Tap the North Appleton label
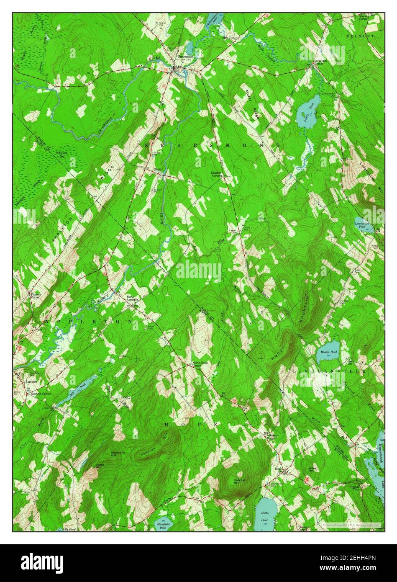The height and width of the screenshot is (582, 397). (133, 299)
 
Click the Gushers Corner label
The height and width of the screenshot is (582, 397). (41, 394)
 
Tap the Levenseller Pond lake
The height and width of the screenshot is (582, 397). (362, 225)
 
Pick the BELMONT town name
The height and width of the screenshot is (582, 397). (360, 36)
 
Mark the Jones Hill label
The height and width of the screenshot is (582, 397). (99, 466)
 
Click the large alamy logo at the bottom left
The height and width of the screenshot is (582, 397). (42, 562)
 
